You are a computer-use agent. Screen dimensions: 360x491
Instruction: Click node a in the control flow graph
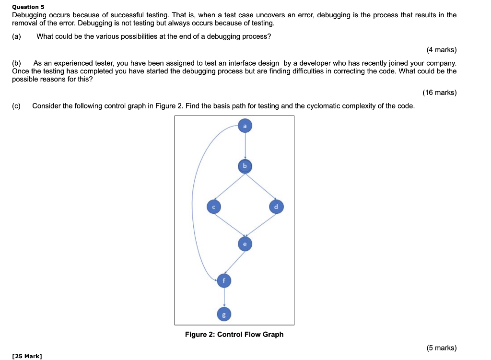tap(245, 126)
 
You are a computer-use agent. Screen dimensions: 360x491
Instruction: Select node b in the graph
tap(245, 166)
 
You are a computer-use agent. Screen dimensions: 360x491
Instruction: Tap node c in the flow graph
tap(213, 207)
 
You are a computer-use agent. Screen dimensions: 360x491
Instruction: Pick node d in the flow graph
tap(276, 207)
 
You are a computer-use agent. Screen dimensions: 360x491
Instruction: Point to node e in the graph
tap(245, 244)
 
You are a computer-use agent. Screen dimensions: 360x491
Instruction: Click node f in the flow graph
tap(223, 280)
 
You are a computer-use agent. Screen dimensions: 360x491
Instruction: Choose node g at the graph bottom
tap(223, 314)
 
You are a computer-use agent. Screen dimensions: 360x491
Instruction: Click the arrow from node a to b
tap(245, 146)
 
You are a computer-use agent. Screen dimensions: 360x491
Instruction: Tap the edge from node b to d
tap(261, 186)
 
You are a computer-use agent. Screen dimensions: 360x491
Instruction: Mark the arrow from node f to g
tap(223, 297)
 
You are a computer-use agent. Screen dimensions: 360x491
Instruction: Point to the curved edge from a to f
tap(193, 201)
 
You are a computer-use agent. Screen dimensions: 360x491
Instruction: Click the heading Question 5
tap(28, 7)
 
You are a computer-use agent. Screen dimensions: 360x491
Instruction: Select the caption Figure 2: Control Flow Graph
tap(234, 335)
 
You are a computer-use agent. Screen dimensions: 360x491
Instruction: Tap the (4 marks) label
tap(441, 50)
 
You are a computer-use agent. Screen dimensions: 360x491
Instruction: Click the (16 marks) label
tap(439, 93)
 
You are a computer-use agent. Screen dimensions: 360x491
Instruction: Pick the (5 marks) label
tap(441, 348)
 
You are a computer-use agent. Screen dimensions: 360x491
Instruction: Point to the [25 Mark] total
tap(27, 356)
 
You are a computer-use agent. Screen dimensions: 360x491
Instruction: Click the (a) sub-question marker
tap(17, 36)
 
